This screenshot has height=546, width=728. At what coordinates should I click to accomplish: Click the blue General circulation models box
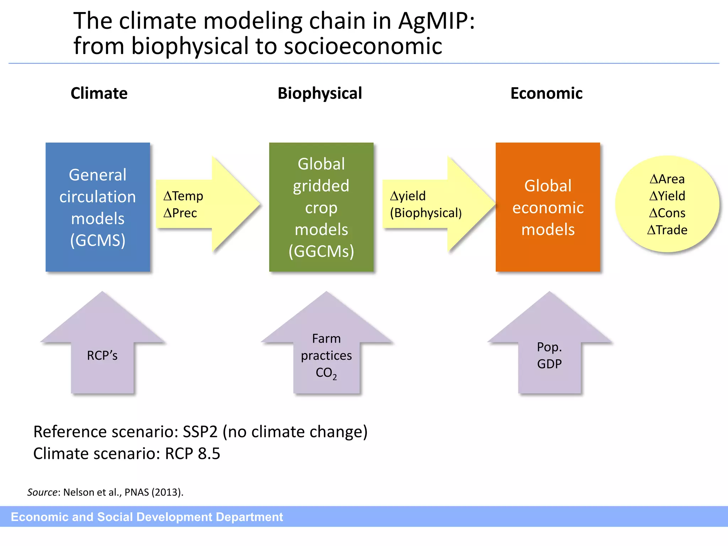[98, 207]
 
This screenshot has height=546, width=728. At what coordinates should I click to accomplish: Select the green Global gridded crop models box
[321, 207]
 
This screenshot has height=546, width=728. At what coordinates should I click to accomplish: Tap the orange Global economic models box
[548, 207]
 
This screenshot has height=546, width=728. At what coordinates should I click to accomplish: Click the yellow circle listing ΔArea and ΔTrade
[667, 204]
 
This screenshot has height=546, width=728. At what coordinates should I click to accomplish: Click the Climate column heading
[99, 93]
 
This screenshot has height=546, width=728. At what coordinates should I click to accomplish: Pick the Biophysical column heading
[320, 93]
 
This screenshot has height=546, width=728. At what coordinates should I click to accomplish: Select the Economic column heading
[546, 93]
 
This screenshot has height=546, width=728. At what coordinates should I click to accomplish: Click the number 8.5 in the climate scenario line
[209, 454]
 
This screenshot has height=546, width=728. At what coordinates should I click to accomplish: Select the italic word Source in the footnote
[42, 492]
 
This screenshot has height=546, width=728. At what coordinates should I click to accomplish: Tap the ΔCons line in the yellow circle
[667, 213]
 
